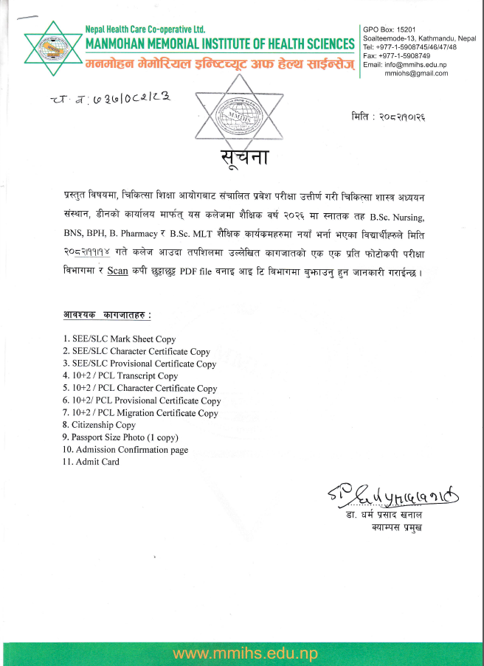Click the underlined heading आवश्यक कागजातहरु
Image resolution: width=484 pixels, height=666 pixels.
point(107,316)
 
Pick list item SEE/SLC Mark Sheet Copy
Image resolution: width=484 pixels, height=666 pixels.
point(120,339)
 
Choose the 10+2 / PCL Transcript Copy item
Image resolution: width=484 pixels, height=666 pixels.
point(120,375)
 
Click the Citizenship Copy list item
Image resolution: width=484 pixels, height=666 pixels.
point(99,425)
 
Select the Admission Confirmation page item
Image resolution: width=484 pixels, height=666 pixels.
point(125,449)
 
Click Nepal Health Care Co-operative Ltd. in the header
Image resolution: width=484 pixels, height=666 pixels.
point(145,28)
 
